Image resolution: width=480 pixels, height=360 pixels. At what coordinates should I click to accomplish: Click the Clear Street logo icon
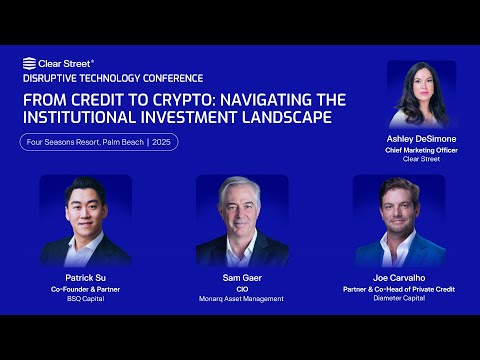click(29, 63)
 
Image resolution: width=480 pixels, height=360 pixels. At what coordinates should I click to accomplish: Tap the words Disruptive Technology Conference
click(112, 78)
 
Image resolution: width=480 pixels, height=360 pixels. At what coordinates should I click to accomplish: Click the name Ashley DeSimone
click(420, 139)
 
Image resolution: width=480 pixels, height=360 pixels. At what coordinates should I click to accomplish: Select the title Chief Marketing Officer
click(420, 149)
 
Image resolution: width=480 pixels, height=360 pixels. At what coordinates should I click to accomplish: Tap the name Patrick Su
click(85, 277)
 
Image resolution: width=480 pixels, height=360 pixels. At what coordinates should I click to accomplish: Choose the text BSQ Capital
click(85, 298)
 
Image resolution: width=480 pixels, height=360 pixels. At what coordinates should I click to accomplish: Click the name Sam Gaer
click(241, 277)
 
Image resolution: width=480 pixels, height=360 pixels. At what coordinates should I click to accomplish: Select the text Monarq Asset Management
click(241, 298)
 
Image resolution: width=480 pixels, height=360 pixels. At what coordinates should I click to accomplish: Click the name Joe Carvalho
click(398, 277)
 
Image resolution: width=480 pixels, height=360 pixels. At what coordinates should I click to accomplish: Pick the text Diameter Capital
click(398, 298)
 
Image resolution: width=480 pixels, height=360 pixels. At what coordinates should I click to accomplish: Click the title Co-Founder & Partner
click(85, 288)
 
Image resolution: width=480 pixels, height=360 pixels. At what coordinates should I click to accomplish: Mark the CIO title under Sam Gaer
click(241, 288)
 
